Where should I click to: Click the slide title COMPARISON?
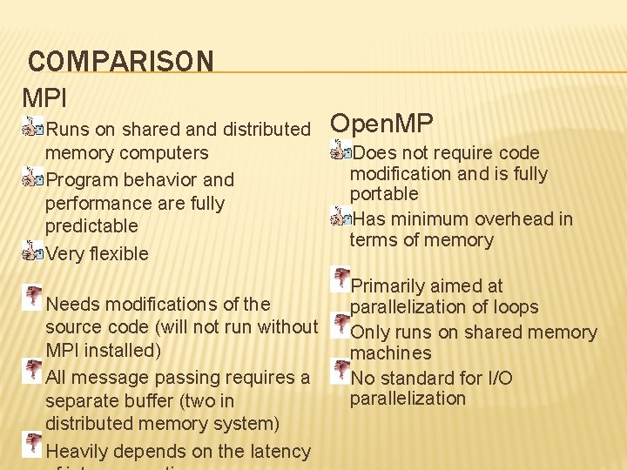coord(120,62)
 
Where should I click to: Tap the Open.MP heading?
coord(382,123)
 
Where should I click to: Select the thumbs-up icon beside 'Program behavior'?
coord(33,179)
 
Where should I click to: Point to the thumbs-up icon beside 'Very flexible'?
coord(33,252)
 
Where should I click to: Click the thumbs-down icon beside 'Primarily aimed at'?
coord(340,279)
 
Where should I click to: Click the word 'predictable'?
coord(91,226)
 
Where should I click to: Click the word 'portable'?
coord(384,193)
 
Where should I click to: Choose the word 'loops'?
coord(515,307)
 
